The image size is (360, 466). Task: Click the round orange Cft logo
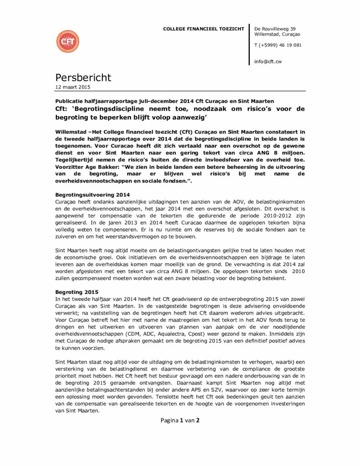[x=67, y=41]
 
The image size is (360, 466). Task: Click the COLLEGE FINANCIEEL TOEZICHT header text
[x=203, y=29]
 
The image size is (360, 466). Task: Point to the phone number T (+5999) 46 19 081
[x=278, y=45]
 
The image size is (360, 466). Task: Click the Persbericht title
[x=83, y=78]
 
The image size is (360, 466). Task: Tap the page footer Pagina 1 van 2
[x=180, y=420]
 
